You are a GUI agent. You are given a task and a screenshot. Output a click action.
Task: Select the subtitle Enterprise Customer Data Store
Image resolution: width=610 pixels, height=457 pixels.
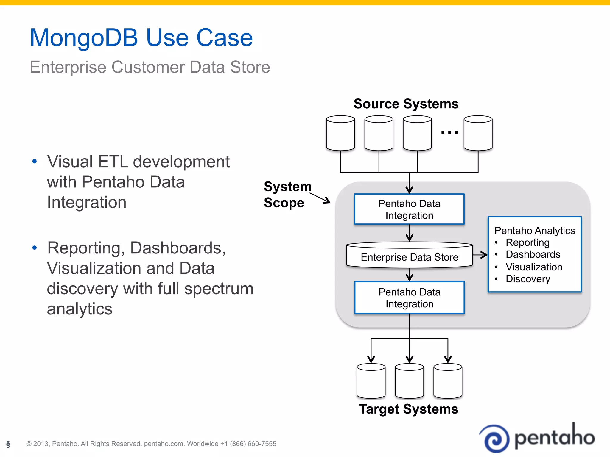(x=150, y=67)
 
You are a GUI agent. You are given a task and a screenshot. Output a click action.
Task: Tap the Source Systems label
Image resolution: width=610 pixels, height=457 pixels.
(x=406, y=104)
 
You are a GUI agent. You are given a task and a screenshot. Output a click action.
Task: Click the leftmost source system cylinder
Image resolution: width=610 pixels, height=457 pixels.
(x=340, y=133)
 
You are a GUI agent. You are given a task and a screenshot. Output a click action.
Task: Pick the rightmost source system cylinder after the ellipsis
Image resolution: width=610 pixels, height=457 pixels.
(x=478, y=133)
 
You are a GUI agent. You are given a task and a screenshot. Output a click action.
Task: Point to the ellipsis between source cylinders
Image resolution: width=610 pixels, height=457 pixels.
(x=449, y=132)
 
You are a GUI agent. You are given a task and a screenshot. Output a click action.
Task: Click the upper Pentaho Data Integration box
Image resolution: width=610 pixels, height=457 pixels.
(x=409, y=209)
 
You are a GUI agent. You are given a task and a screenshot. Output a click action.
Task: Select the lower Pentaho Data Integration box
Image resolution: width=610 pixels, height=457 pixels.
(x=409, y=298)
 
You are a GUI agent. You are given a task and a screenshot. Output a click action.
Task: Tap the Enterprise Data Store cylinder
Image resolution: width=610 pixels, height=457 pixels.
(x=409, y=256)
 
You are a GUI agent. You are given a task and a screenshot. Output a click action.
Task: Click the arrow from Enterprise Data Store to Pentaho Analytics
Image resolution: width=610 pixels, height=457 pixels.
(x=480, y=255)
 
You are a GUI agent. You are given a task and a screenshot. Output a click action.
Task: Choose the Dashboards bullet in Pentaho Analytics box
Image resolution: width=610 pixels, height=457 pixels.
(x=533, y=255)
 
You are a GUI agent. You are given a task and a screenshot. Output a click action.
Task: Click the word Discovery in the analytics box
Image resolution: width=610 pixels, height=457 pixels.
(x=528, y=279)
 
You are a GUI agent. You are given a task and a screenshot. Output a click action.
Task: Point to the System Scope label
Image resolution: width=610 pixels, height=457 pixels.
(x=287, y=195)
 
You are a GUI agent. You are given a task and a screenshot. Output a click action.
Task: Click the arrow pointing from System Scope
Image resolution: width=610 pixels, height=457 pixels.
(x=320, y=198)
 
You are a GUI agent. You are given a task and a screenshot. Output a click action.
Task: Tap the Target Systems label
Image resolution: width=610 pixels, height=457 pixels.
(x=408, y=409)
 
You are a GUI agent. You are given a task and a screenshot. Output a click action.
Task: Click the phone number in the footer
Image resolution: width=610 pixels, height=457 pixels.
(x=248, y=444)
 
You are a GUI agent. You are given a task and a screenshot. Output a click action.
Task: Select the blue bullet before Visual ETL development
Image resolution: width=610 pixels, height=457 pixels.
(x=35, y=162)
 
